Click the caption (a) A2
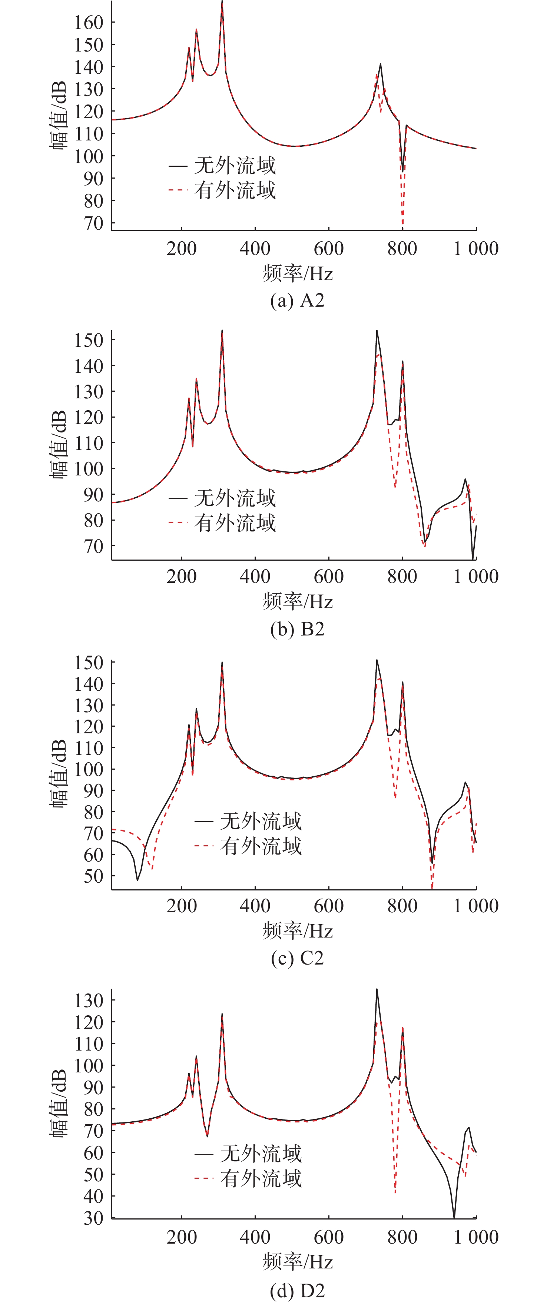click(x=297, y=301)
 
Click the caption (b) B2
click(x=297, y=629)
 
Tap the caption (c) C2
click(x=297, y=958)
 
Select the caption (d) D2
click(x=297, y=1290)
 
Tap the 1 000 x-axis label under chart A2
click(x=475, y=249)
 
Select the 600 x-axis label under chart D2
click(x=329, y=1237)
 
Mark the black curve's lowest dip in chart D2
click(x=454, y=1217)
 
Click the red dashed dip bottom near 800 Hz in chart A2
click(x=402, y=225)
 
